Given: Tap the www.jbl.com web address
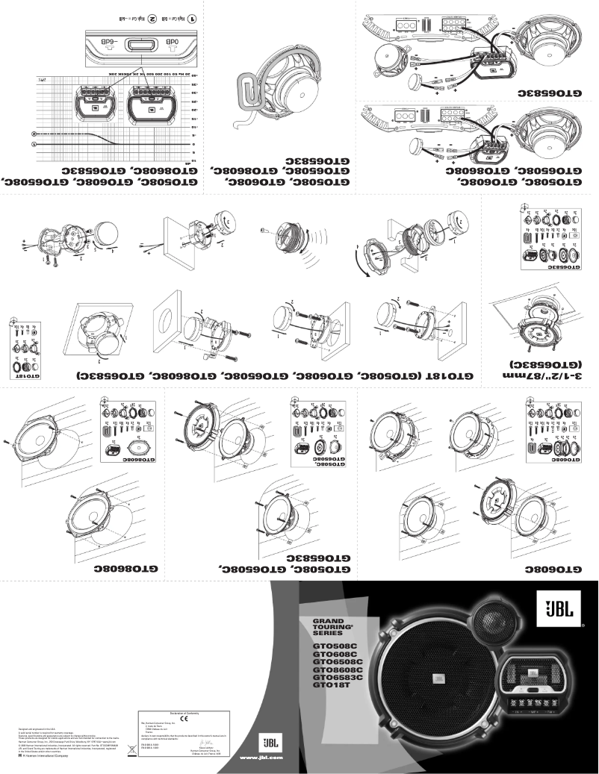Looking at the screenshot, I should pyautogui.click(x=260, y=758).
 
